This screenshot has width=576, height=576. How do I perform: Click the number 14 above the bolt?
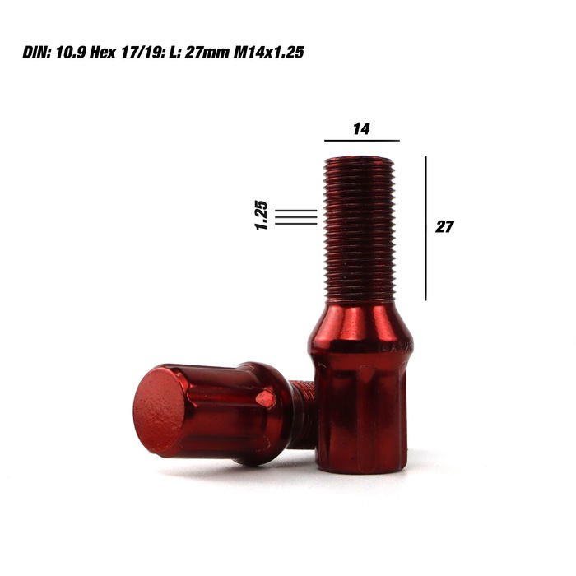pos(361,128)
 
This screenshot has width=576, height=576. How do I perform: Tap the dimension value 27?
pos(444,227)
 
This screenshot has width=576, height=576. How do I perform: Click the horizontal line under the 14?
pos(361,141)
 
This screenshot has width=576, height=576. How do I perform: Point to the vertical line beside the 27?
pos(426,228)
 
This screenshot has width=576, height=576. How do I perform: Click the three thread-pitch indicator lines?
pos(295,216)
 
